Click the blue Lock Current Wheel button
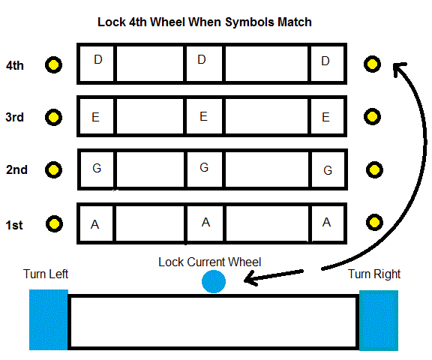pyautogui.click(x=214, y=281)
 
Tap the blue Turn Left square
pyautogui.click(x=49, y=319)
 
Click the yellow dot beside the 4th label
pyautogui.click(x=53, y=65)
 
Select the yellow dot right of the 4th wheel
pyautogui.click(x=372, y=64)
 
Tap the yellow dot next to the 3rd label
pyautogui.click(x=53, y=117)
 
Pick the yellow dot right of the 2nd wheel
pyautogui.click(x=374, y=169)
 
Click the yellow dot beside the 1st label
pyautogui.click(x=54, y=223)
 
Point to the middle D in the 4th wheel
pyautogui.click(x=202, y=59)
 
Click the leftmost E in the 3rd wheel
pyautogui.click(x=95, y=117)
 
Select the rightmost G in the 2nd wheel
pyautogui.click(x=328, y=170)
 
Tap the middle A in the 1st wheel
pyautogui.click(x=205, y=222)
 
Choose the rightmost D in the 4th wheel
pyautogui.click(x=325, y=61)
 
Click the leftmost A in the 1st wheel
pyautogui.click(x=94, y=224)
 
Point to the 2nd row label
pyautogui.click(x=16, y=169)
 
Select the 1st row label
pyautogui.click(x=14, y=225)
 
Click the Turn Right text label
pyautogui.click(x=374, y=274)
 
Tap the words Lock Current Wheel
pyautogui.click(x=210, y=262)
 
